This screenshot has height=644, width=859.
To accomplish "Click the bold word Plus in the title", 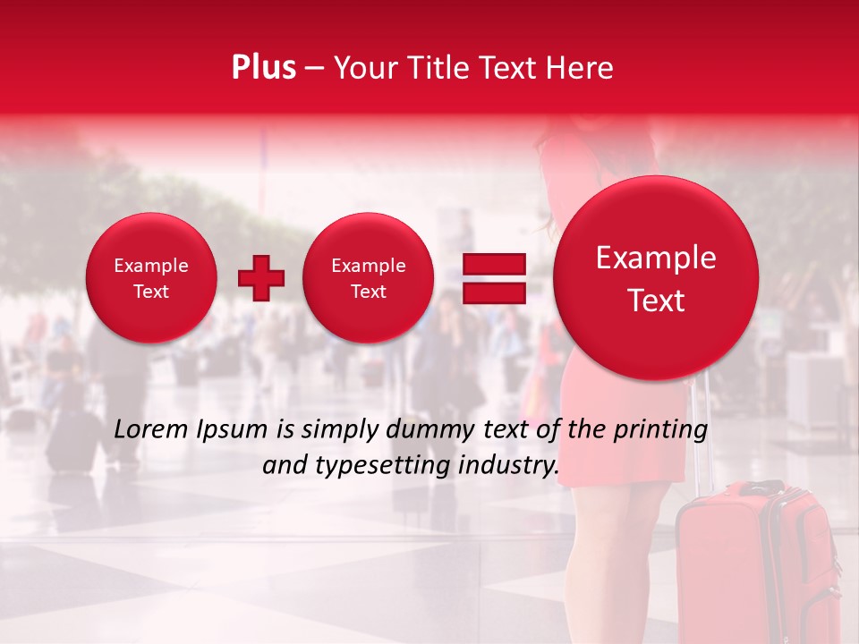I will point(263,68).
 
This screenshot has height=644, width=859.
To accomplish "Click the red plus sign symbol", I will point(260,278).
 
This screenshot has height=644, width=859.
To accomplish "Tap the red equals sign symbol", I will point(494,279).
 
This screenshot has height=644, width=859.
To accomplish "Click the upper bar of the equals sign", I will point(494,265).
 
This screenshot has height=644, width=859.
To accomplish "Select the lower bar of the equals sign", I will point(494,294).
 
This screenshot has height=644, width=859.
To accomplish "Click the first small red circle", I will point(151,278).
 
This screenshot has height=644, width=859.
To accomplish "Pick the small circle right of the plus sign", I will point(369,278).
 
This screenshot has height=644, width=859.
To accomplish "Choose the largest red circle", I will point(656,278).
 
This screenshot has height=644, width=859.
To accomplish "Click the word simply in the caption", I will point(339,430).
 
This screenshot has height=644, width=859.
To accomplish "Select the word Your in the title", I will point(362,68).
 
